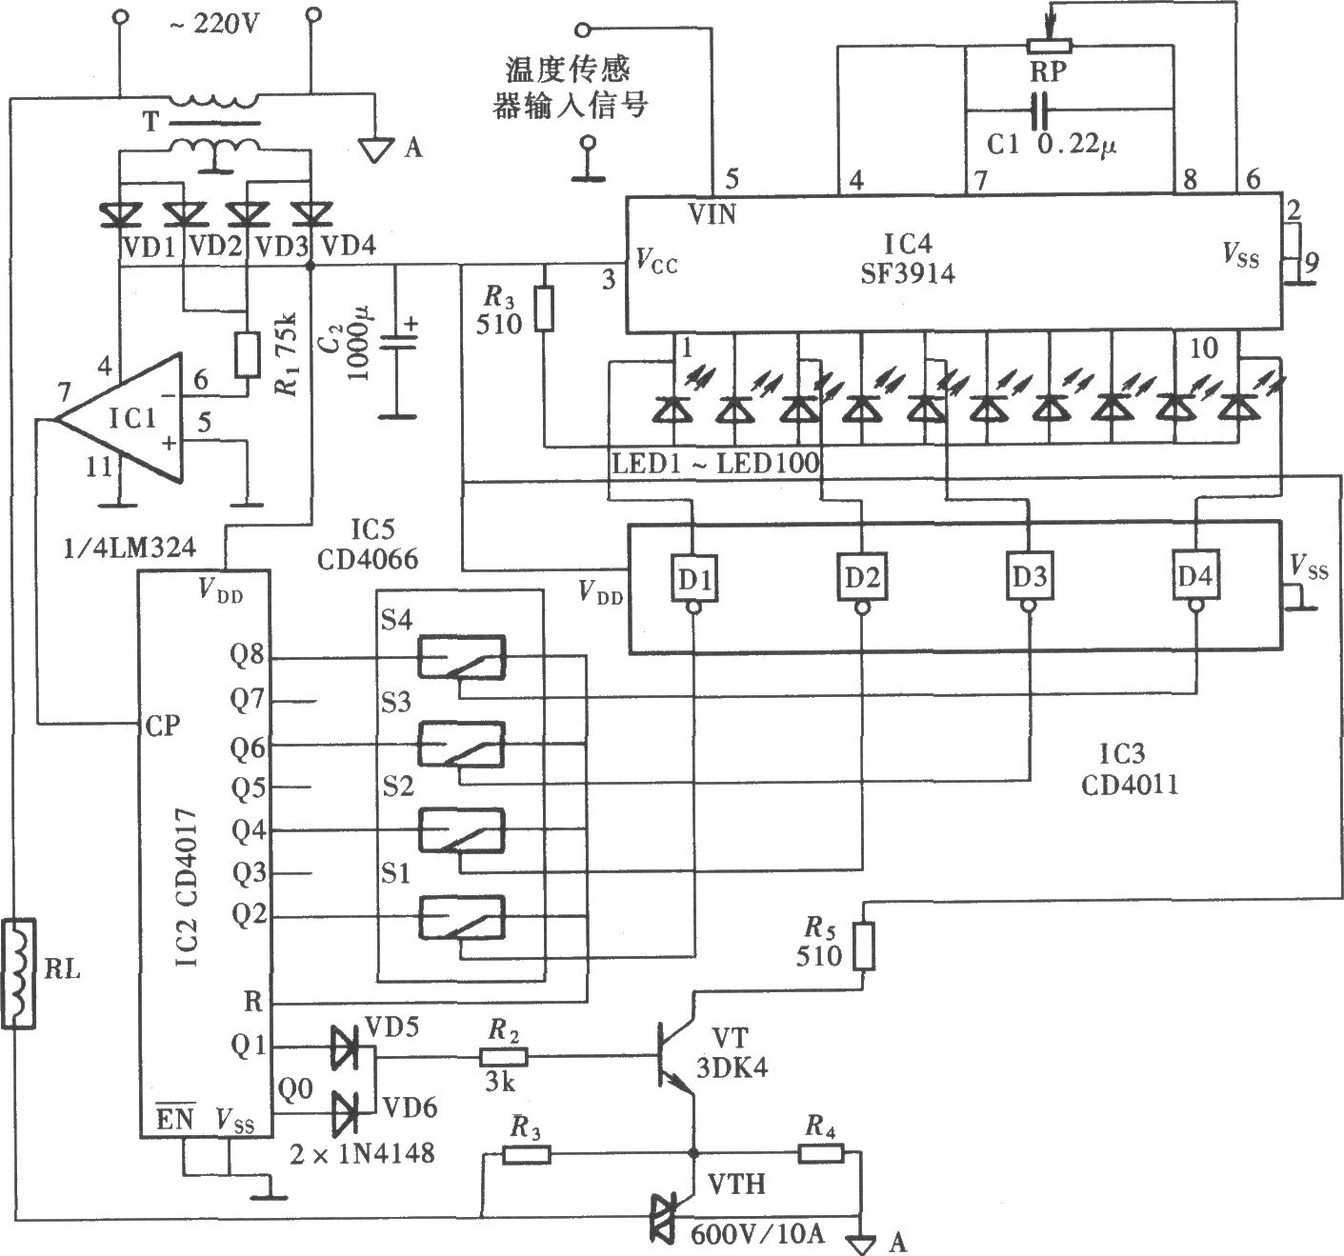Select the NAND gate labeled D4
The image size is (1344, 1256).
pos(1195,580)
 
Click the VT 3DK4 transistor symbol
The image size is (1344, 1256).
pos(674,1055)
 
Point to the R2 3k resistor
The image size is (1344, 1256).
pos(504,1056)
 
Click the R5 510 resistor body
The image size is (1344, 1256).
pos(863,947)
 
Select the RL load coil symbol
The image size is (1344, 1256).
pos(17,973)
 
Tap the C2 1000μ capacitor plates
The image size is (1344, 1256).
pos(396,342)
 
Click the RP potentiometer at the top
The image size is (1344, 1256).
pos(1049,46)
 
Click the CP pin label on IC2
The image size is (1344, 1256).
pos(163,726)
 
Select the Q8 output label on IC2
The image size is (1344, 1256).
pos(247,654)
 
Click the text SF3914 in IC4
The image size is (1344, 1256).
pos(908,274)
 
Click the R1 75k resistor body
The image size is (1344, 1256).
pos(247,355)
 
